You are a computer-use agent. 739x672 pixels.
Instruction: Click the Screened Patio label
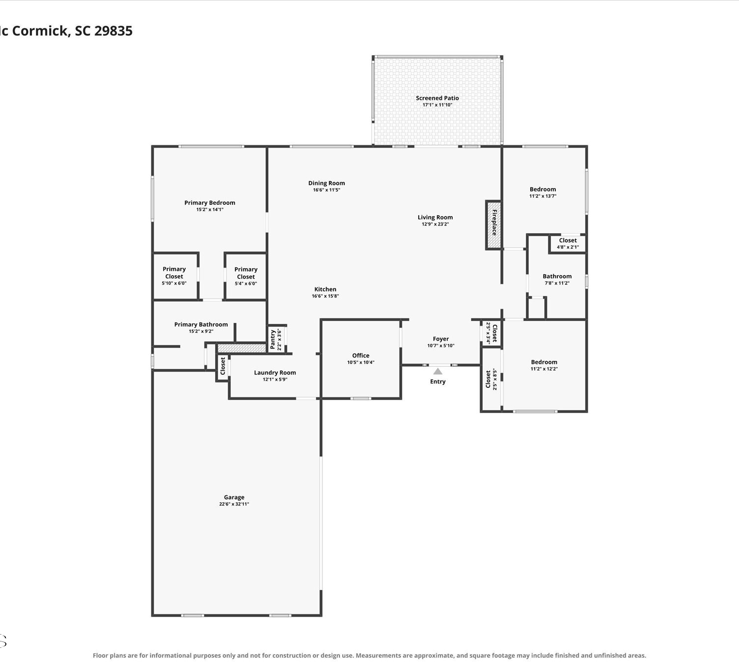[x=437, y=98]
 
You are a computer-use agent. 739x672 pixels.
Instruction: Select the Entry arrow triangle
[x=437, y=371]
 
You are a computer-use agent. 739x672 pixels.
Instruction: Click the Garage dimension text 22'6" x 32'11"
[x=234, y=504]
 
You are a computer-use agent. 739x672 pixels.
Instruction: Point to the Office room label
[x=361, y=355]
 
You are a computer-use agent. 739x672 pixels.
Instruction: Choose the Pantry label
[x=272, y=340]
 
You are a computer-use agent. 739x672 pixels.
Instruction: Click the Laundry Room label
[x=275, y=373]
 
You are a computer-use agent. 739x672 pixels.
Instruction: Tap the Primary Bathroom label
[x=201, y=324]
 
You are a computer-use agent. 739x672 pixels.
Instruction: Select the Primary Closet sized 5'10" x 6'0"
[x=174, y=276]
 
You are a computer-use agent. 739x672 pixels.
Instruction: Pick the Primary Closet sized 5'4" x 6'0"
[x=246, y=276]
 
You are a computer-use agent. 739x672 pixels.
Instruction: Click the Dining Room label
[x=327, y=183]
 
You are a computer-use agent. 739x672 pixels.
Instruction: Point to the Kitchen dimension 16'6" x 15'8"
[x=325, y=296]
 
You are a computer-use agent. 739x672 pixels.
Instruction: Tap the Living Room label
[x=435, y=217]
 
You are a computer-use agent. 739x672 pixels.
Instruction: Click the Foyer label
[x=440, y=339]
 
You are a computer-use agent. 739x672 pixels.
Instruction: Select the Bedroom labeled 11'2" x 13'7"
[x=542, y=192]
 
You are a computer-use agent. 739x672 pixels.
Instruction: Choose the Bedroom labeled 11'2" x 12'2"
[x=544, y=365]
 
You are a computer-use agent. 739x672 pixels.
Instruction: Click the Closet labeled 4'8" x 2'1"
[x=568, y=243]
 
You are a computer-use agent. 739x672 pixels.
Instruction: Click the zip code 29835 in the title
[x=113, y=31]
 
